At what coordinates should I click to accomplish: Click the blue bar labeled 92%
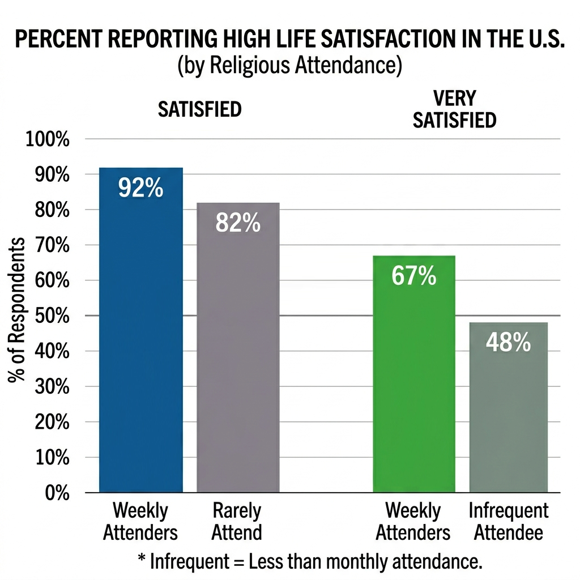pos(140,340)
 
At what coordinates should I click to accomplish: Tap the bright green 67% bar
pos(413,385)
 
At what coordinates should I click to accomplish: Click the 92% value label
pos(140,188)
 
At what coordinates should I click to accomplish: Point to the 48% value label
pos(508,343)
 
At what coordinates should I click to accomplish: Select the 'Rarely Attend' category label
pos(237,522)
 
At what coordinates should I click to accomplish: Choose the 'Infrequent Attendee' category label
pos(508,522)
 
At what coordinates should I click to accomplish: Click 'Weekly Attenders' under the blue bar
pos(140,522)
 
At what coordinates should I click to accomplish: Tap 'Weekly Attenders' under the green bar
pos(413,522)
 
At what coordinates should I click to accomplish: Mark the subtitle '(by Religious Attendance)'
pos(289,65)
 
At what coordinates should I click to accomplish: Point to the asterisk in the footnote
pos(142,560)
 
